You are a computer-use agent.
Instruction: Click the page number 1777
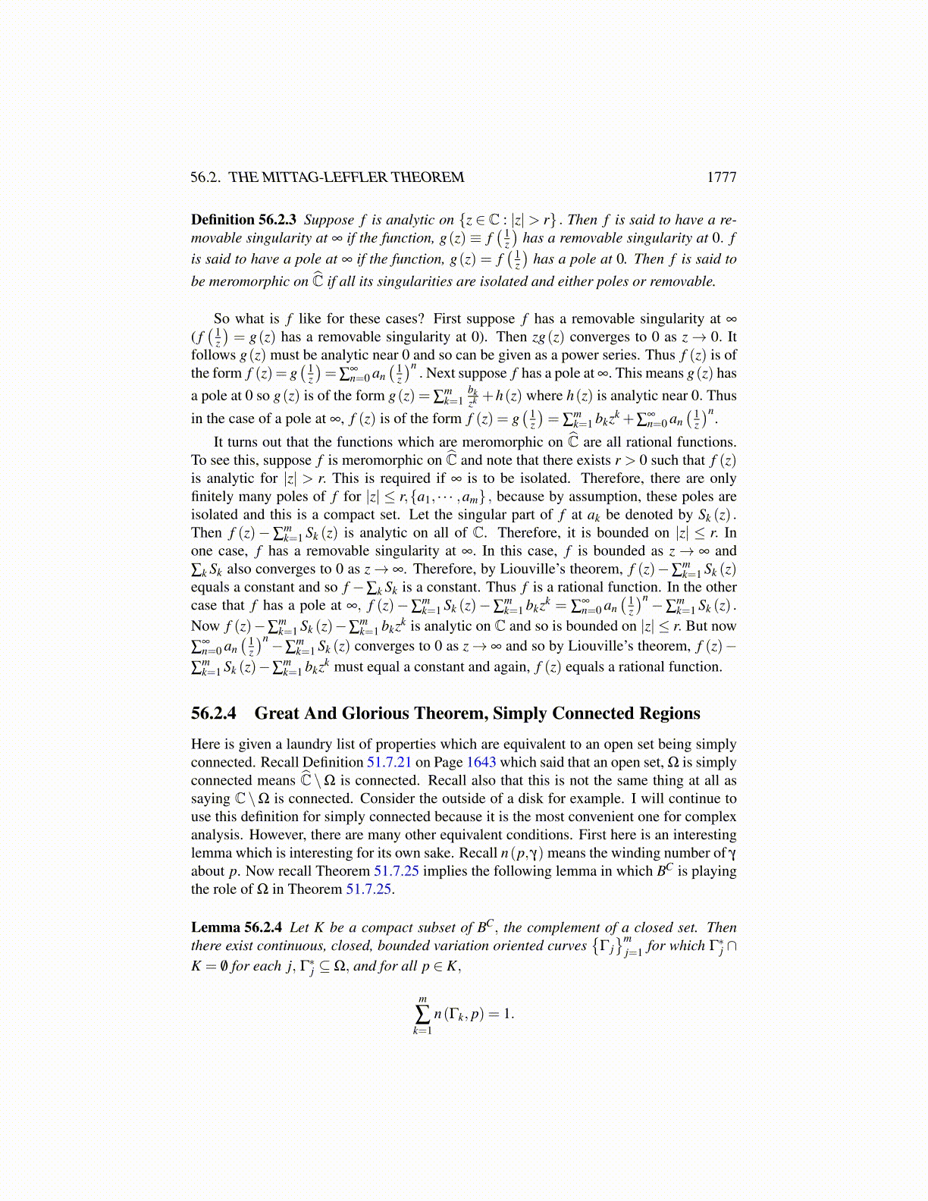[x=721, y=177]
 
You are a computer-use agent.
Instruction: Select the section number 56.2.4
[x=214, y=713]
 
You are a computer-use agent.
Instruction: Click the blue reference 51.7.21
[x=389, y=762]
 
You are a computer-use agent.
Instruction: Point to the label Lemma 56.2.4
[x=237, y=927]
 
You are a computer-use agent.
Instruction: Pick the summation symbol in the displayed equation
[x=422, y=1014]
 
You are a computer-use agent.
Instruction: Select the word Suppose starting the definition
[x=329, y=220]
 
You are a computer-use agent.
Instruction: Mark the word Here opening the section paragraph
[x=206, y=744]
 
